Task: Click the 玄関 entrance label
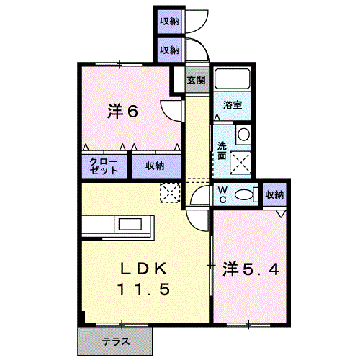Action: pos(197,80)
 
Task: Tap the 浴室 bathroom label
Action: pos(233,105)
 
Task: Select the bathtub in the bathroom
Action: pos(233,79)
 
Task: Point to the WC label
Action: pos(222,194)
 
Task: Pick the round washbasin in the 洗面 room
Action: pos(244,135)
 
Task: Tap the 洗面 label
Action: pos(222,151)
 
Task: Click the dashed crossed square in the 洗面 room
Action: pos(240,162)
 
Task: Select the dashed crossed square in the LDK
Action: pos(170,193)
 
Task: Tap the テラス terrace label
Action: pos(116,341)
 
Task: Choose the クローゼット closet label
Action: pos(104,166)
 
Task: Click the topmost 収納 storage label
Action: pos(169,22)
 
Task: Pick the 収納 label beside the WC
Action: pos(274,194)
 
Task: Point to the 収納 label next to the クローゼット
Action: pos(155,166)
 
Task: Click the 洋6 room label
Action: pos(122,112)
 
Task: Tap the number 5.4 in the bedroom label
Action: pos(261,269)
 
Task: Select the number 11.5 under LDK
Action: pos(143,289)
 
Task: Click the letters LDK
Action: pos(143,269)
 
